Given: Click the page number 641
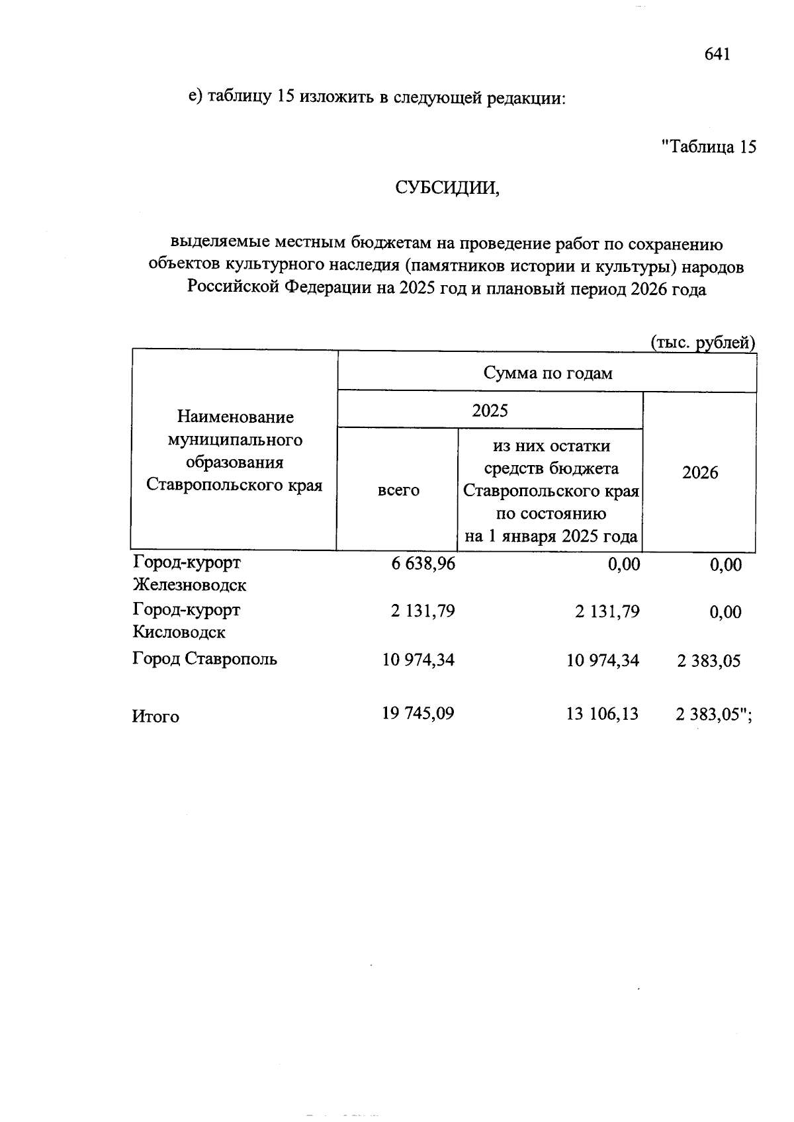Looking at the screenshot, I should tap(717, 54).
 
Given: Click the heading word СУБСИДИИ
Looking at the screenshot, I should tap(447, 188).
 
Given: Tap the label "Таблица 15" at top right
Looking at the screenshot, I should tap(709, 147).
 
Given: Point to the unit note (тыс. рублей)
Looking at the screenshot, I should tap(703, 343).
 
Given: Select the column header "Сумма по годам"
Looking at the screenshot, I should tap(547, 373).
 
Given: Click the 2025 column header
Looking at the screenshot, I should tap(490, 411).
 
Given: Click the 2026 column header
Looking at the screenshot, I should tap(700, 472).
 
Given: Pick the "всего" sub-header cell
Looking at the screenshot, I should tap(398, 490).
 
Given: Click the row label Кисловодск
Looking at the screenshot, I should tap(179, 632).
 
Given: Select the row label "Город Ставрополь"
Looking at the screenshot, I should tap(204, 659).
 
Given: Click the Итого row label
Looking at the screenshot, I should tap(155, 717).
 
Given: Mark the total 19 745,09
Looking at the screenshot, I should tap(418, 714).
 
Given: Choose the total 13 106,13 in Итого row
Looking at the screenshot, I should tap(603, 714).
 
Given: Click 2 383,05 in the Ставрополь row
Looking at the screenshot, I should tap(708, 661).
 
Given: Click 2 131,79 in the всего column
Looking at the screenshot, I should tap(423, 611).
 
